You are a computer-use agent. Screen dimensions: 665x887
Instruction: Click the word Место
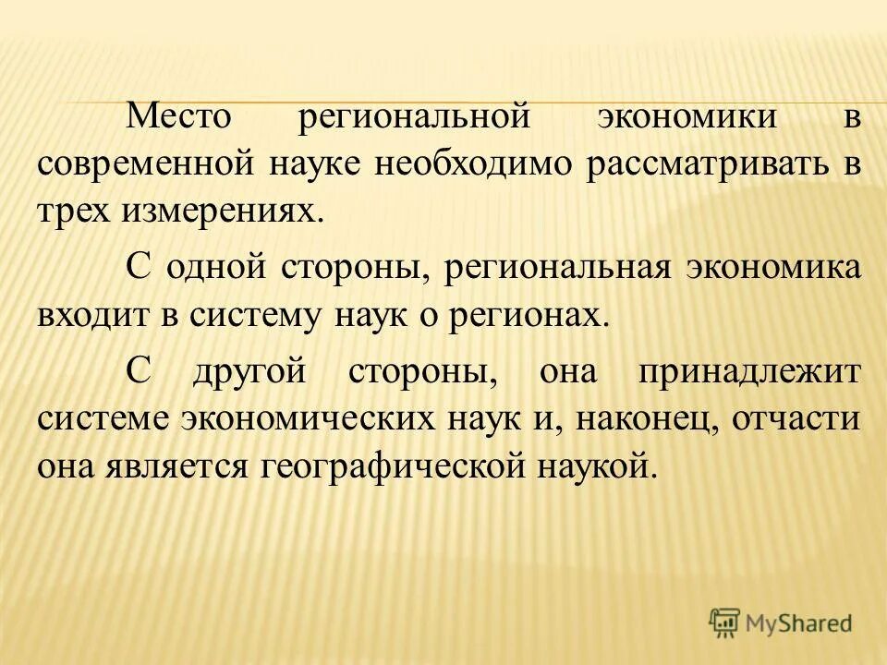180,118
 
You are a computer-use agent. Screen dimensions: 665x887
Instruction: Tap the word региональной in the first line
417,118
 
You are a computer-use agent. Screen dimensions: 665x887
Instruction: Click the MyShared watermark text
799,623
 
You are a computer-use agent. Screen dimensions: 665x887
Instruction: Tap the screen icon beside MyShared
725,623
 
